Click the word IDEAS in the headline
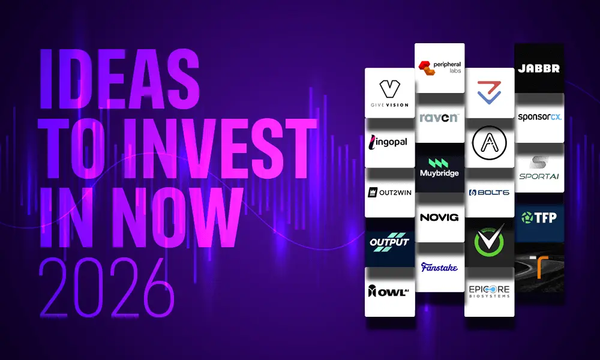click(119, 79)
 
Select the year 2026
click(107, 287)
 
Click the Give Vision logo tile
click(389, 93)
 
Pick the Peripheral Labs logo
click(440, 68)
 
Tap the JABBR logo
click(539, 68)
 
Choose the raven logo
click(440, 118)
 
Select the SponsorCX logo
click(539, 118)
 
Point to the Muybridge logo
click(440, 167)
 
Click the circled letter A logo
click(490, 143)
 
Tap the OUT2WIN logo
click(389, 193)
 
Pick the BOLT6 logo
click(490, 193)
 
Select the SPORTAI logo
click(539, 167)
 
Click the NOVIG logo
click(440, 217)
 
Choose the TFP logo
click(539, 217)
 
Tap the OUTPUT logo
click(389, 242)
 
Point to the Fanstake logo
click(440, 267)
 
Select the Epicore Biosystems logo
click(490, 292)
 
